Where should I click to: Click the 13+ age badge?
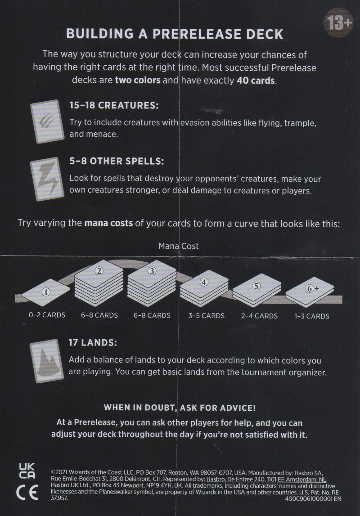[338, 23]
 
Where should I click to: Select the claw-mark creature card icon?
[47, 121]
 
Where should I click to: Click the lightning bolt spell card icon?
[47, 179]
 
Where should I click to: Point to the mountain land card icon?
[47, 361]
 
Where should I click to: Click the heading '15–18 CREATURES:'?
[114, 106]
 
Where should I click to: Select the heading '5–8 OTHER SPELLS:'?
[117, 161]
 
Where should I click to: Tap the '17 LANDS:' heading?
[92, 342]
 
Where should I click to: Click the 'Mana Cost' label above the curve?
[179, 246]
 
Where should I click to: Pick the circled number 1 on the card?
[46, 292]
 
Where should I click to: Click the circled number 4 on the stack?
[204, 282]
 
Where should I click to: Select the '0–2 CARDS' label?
[47, 315]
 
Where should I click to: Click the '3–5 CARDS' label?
[207, 316]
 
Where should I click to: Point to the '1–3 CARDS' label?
[312, 316]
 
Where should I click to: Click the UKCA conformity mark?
[27, 471]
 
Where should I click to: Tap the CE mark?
[27, 492]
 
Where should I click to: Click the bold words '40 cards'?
[256, 81]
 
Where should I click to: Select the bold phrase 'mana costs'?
[108, 223]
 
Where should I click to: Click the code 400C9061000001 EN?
[313, 498]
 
